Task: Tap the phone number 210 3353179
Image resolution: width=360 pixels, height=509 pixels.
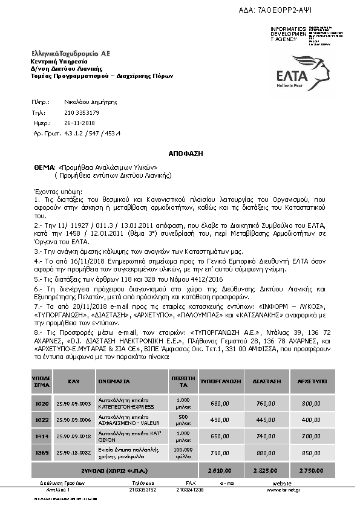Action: tap(82, 112)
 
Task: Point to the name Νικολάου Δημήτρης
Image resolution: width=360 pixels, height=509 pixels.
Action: tap(89, 103)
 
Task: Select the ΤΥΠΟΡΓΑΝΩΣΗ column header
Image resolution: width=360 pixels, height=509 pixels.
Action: tap(221, 381)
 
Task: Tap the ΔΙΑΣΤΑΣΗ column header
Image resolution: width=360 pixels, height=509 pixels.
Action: tap(266, 381)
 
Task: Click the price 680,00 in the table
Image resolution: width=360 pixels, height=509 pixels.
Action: tap(221, 403)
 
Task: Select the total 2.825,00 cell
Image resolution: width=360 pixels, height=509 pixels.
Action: tap(266, 469)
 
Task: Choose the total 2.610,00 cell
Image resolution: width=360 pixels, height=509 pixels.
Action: tap(221, 469)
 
